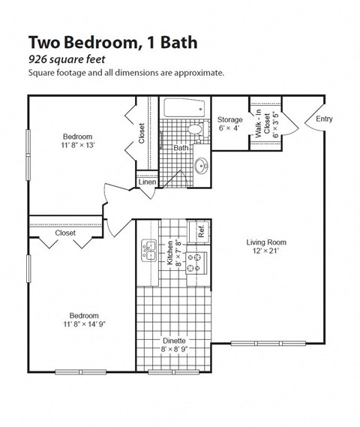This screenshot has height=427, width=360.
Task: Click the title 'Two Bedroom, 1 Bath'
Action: (113, 43)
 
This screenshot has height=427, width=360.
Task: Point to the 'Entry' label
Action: (324, 119)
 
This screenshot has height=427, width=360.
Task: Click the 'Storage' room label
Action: (229, 119)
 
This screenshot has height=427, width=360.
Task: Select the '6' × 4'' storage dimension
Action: (229, 128)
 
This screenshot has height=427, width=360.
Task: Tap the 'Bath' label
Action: (181, 148)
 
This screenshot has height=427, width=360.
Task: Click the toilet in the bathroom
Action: (195, 130)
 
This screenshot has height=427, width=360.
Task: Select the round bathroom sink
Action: (201, 166)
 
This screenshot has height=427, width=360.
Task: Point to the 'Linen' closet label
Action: (147, 182)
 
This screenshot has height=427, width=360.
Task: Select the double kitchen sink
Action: (147, 251)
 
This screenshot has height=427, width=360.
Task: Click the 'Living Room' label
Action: (266, 242)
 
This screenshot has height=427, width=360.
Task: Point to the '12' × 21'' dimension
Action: (266, 252)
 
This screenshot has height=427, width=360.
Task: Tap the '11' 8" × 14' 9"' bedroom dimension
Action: (85, 325)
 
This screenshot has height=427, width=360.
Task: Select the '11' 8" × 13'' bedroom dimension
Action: (77, 146)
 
